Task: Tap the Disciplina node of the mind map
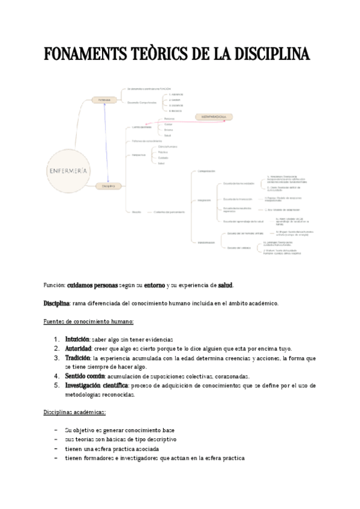(108, 187)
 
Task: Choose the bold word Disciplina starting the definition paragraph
(57, 303)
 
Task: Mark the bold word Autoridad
(79, 348)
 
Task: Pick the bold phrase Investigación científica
(97, 385)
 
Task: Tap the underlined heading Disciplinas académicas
(74, 412)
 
